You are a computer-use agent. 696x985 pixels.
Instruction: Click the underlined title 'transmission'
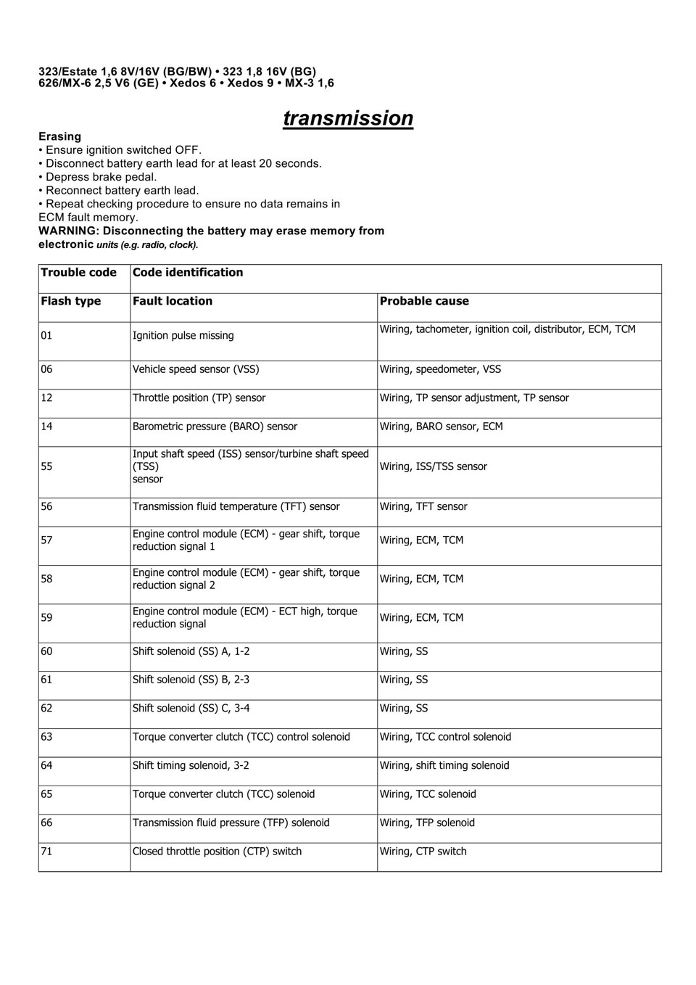[x=348, y=118]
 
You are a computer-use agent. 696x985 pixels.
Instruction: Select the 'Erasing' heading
[x=59, y=136]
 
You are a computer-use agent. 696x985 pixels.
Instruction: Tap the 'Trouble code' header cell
[x=78, y=273]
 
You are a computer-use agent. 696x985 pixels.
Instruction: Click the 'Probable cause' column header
[x=424, y=301]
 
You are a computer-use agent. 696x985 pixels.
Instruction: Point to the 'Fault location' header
[x=173, y=301]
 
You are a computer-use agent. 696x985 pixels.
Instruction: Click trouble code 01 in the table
[x=46, y=336]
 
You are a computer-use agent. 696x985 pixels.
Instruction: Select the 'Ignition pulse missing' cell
[x=183, y=336]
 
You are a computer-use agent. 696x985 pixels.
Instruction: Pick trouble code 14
[x=46, y=426]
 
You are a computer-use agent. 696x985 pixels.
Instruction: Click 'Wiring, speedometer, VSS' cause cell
[x=440, y=369]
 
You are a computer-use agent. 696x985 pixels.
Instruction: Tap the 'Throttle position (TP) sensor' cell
[x=199, y=398]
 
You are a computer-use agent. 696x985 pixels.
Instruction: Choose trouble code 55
[x=46, y=466]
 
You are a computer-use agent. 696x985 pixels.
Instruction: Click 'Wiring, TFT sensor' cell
[x=423, y=507]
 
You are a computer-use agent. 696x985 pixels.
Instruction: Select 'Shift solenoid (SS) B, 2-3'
[x=191, y=680]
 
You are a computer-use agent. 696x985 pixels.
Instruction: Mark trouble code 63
[x=46, y=737]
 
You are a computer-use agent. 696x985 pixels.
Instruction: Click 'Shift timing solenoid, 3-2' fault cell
[x=191, y=765]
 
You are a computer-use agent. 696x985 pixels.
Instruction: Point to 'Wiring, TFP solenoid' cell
[x=427, y=823]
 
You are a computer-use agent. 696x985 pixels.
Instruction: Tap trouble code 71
[x=46, y=852]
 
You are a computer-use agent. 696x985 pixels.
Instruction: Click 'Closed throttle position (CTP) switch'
[x=217, y=852]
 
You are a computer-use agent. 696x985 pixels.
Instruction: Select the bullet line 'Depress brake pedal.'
[x=100, y=177]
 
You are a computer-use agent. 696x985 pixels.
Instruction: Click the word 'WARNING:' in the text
[x=68, y=231]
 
